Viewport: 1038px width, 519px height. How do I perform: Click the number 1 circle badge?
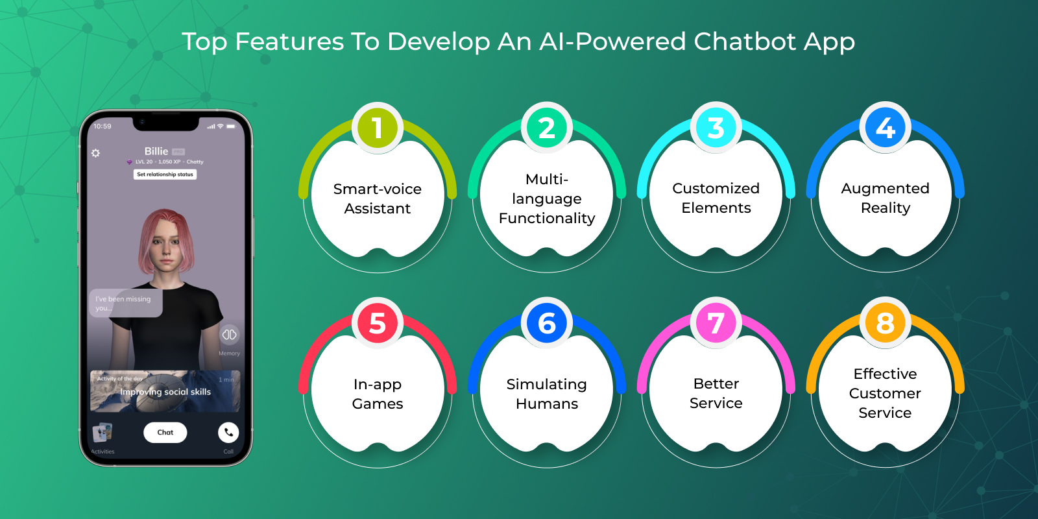coord(378,128)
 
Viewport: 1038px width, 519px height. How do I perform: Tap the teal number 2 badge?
coord(547,128)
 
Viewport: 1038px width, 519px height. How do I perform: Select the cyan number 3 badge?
coord(716,128)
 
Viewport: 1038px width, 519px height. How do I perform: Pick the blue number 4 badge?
coord(886,128)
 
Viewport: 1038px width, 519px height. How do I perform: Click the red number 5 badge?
coord(378,323)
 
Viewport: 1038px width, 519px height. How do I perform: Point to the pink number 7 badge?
coord(716,323)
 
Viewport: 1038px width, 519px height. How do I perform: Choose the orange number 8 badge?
coord(886,323)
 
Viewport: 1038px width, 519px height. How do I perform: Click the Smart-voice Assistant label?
coord(378,199)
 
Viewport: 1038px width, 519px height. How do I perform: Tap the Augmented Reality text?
coord(886,198)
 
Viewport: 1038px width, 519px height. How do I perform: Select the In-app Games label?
coord(378,394)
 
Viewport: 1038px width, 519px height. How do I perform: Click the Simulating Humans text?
coord(547,394)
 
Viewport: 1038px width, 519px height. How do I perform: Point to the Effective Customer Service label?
coord(886,393)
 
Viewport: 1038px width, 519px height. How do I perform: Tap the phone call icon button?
coord(228,432)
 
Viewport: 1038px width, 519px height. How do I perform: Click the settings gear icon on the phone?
coord(96,153)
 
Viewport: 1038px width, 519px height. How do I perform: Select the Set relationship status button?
coord(165,174)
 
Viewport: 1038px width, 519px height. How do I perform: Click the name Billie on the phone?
coord(156,151)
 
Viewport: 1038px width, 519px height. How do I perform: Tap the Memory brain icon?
coord(229,335)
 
